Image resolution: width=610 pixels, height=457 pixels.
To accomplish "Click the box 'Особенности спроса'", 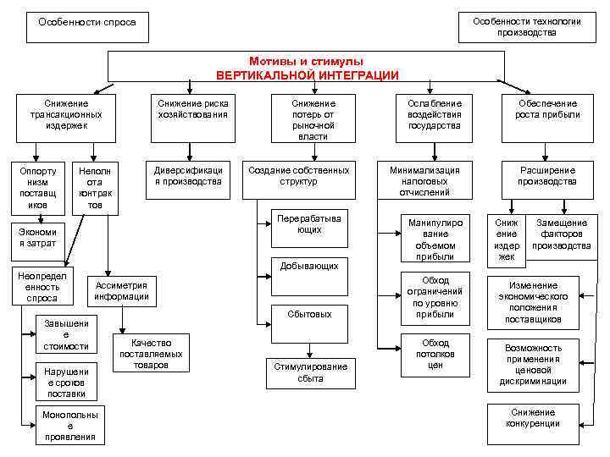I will tap(87, 26).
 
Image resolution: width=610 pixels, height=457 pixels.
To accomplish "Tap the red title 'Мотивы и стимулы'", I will tap(307, 63).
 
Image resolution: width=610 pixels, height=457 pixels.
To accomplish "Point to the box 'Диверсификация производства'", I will tap(187, 176).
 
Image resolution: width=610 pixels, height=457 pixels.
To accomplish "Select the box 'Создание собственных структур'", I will tap(298, 176).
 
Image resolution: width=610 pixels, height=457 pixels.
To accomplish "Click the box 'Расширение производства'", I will tap(547, 176).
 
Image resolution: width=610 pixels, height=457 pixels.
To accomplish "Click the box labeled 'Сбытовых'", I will tap(309, 314).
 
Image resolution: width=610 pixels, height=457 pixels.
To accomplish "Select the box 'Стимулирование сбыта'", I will tap(310, 373).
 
